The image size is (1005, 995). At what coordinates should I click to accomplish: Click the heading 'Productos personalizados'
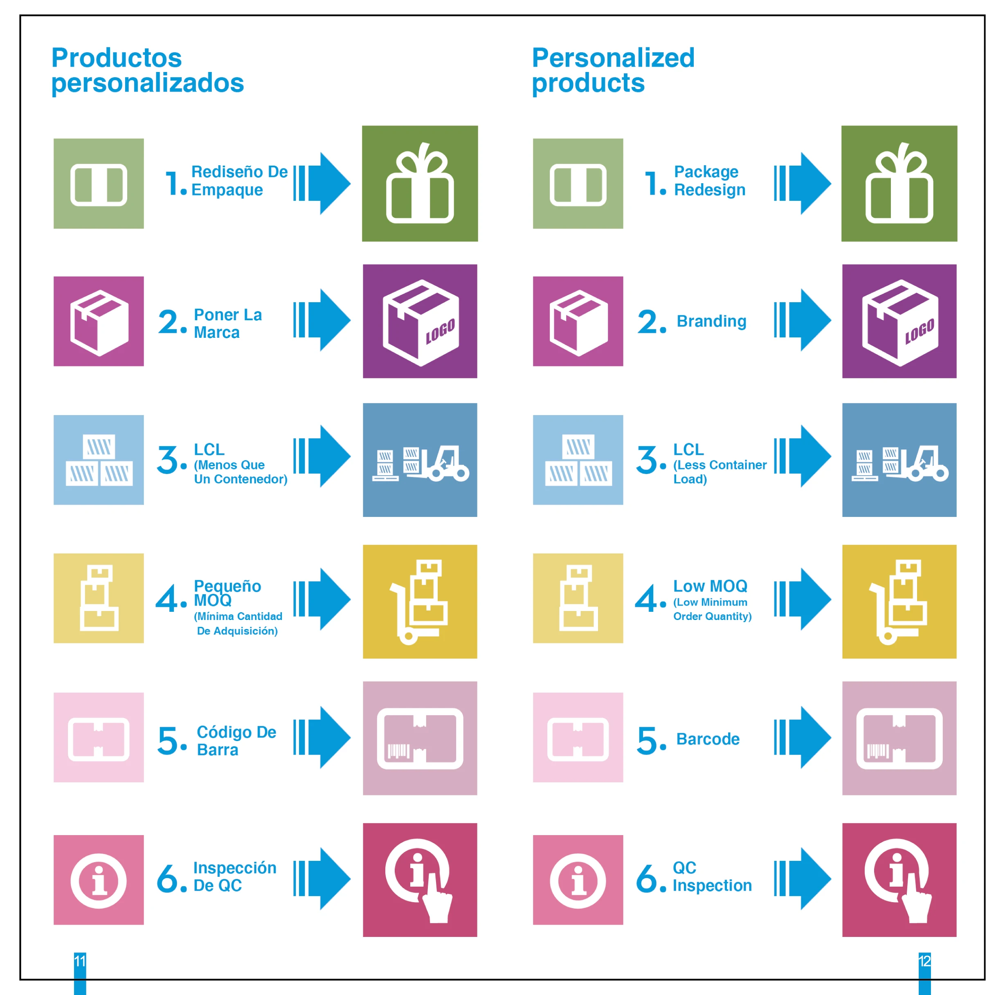click(x=147, y=70)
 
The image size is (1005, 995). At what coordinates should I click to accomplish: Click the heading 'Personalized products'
click(x=613, y=70)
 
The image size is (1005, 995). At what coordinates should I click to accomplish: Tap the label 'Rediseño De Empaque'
click(x=239, y=180)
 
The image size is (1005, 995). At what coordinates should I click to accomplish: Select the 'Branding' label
click(x=711, y=321)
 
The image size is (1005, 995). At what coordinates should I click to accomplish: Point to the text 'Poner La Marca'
click(x=227, y=323)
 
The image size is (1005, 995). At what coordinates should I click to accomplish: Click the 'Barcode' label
click(x=708, y=739)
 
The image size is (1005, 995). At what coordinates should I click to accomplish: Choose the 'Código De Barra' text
click(x=236, y=741)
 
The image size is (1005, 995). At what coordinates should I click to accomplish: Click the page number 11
click(x=80, y=961)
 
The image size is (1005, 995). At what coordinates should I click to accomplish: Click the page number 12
click(x=924, y=961)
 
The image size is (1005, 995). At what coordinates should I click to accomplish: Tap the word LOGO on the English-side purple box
click(x=919, y=331)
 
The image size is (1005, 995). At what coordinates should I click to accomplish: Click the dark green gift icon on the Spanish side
click(x=420, y=184)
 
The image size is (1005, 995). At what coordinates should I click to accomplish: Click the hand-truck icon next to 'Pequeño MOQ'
click(x=420, y=602)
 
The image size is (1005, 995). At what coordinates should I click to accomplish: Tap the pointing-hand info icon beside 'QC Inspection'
click(x=899, y=880)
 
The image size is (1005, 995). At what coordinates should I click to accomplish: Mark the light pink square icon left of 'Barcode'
click(x=578, y=737)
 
